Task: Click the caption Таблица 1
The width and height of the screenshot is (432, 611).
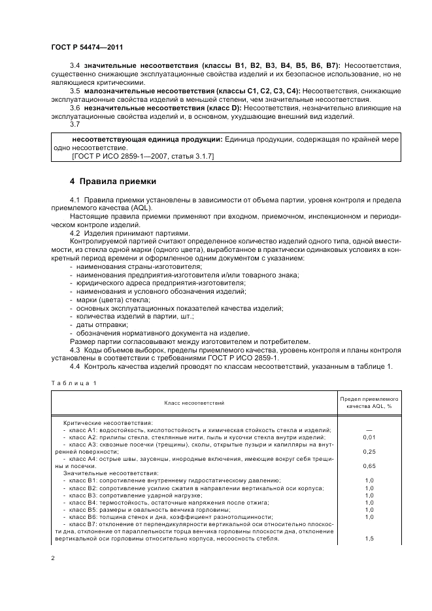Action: click(x=75, y=383)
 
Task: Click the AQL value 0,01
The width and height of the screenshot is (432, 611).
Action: click(x=369, y=437)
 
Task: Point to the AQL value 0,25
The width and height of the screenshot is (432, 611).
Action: click(x=369, y=451)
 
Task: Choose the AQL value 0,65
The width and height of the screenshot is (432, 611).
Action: click(x=369, y=466)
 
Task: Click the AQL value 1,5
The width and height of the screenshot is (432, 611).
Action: click(x=369, y=539)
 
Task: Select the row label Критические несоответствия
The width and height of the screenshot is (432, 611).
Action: click(x=107, y=422)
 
